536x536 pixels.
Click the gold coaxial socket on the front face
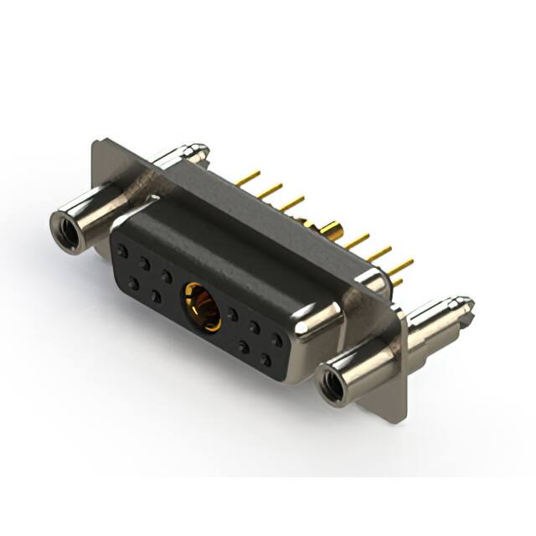(x=202, y=307)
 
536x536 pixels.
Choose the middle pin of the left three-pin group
(x=271, y=192)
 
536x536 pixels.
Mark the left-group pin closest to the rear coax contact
(x=291, y=204)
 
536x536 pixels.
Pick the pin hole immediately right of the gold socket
(x=233, y=316)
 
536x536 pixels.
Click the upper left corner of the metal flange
(x=95, y=142)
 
